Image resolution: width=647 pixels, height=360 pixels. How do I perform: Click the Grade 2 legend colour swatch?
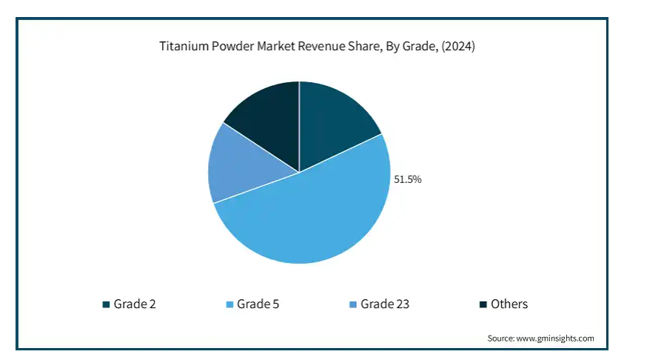106,304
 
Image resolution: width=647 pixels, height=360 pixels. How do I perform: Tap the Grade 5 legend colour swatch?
229,304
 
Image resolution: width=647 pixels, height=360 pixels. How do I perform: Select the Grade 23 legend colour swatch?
353,304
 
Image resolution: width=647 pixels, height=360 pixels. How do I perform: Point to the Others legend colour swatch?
483,304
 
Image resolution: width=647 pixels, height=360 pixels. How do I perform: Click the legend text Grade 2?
134,304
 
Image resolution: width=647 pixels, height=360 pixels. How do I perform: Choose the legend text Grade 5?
258,304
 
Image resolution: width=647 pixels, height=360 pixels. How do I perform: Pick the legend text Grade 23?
385,304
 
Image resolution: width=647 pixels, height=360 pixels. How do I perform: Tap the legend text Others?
510,304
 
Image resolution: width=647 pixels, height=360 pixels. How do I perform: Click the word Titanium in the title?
184,47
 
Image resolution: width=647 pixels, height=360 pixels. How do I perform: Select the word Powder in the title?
233,47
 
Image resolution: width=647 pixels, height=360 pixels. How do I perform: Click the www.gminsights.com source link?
554,339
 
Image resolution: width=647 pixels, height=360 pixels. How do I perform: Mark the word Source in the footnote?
500,339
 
